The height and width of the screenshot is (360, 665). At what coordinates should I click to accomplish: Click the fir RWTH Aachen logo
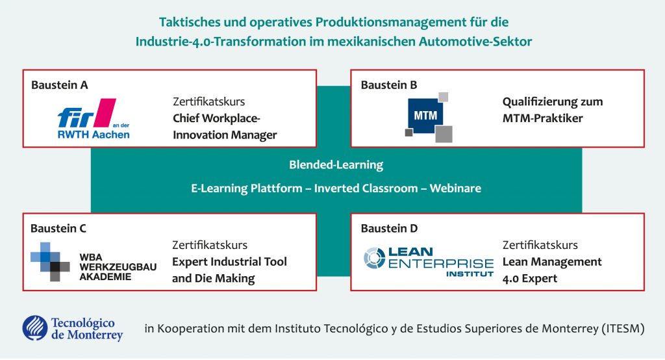(94, 119)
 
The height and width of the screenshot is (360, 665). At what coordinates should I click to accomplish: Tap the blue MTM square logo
(429, 117)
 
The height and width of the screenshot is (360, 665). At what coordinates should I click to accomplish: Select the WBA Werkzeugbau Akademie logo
(94, 262)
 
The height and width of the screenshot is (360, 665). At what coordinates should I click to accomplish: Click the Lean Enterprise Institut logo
(429, 261)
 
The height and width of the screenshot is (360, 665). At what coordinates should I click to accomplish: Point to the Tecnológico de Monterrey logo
(73, 328)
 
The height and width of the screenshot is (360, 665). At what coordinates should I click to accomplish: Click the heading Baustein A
(59, 85)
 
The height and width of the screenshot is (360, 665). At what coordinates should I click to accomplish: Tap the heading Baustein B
(389, 85)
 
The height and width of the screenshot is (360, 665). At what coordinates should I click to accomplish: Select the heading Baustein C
(58, 228)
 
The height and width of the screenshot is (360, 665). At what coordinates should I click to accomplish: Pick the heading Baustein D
(389, 228)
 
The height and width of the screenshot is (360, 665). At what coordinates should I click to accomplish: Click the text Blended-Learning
(336, 164)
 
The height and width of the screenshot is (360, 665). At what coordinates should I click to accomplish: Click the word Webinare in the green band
(455, 188)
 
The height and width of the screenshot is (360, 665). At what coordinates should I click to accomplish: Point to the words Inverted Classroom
(366, 188)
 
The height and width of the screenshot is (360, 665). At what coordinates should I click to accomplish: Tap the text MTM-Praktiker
(543, 118)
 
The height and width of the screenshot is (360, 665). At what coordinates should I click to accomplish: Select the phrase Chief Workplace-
(216, 118)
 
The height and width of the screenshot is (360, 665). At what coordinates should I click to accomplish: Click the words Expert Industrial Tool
(229, 261)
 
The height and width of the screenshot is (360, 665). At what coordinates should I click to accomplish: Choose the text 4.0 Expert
(530, 279)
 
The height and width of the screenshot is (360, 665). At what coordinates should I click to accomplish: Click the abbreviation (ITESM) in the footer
(623, 329)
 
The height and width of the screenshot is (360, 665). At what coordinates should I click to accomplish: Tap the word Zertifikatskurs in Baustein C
(210, 245)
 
